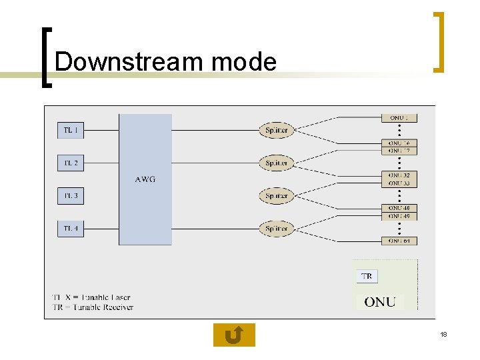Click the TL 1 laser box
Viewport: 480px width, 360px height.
[x=70, y=131]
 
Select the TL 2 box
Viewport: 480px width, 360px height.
[x=70, y=163]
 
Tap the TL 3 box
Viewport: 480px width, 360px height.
[x=70, y=196]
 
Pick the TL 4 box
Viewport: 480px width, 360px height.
[x=70, y=229]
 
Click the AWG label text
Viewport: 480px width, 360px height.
[x=145, y=179]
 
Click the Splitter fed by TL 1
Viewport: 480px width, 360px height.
[x=276, y=131]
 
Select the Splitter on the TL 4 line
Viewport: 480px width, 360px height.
[x=276, y=229]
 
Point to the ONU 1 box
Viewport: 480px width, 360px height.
[x=399, y=118]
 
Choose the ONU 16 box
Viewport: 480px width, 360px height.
[x=399, y=143]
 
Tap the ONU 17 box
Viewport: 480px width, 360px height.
[x=399, y=151]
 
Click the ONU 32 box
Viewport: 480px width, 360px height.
[x=399, y=175]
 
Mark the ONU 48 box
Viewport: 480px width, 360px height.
[x=399, y=208]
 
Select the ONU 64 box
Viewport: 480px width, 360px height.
[x=399, y=241]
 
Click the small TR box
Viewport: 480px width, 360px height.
[x=367, y=276]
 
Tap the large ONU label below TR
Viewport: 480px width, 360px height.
[x=380, y=302]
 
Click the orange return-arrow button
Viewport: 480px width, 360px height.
[x=234, y=335]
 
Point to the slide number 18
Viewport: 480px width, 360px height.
[x=443, y=334]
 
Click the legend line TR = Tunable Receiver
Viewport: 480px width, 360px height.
[x=93, y=307]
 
